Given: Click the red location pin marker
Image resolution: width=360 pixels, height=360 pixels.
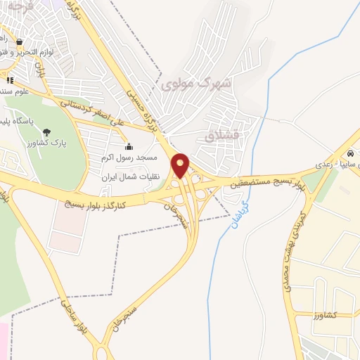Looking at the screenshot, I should click(181, 165).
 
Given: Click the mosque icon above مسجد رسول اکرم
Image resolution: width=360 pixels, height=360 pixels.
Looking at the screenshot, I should click(128, 146).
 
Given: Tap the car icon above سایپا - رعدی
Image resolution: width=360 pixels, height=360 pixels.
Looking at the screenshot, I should click(349, 153).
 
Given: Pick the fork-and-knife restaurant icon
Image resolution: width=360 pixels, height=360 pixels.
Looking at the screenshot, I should click(10, 79).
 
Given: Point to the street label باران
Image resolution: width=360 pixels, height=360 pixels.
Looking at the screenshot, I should click(40, 70).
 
